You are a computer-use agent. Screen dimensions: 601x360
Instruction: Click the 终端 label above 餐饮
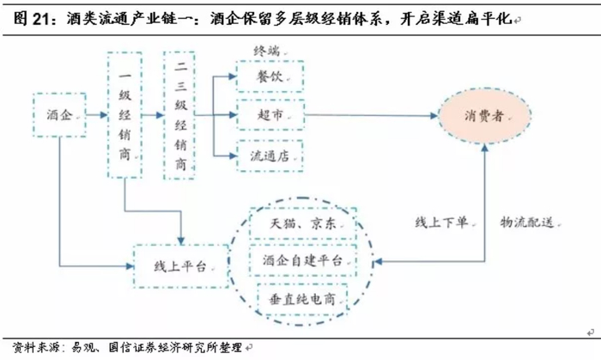click(x=266, y=51)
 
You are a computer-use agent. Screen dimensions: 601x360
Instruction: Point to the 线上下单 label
click(x=441, y=222)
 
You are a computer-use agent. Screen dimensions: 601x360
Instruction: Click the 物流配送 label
click(x=527, y=222)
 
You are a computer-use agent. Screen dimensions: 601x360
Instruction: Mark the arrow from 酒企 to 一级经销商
click(x=96, y=114)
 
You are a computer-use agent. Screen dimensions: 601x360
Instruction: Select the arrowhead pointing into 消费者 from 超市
click(x=434, y=115)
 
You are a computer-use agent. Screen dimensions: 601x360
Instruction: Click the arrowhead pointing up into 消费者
click(x=485, y=148)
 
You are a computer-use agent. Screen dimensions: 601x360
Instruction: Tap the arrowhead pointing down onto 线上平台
click(x=181, y=241)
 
